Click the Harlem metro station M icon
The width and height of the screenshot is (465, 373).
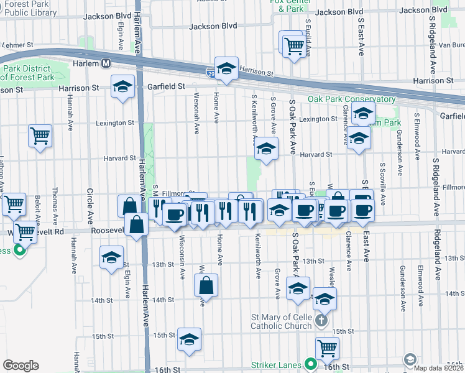(x=106, y=63)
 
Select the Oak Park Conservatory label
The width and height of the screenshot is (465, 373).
(x=351, y=99)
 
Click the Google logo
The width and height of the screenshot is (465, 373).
(x=21, y=366)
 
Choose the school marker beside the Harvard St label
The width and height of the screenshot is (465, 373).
(x=266, y=150)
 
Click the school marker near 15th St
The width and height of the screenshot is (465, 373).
(x=189, y=339)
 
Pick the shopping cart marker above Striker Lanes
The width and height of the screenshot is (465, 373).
(x=327, y=348)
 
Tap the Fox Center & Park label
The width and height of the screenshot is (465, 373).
(x=290, y=6)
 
